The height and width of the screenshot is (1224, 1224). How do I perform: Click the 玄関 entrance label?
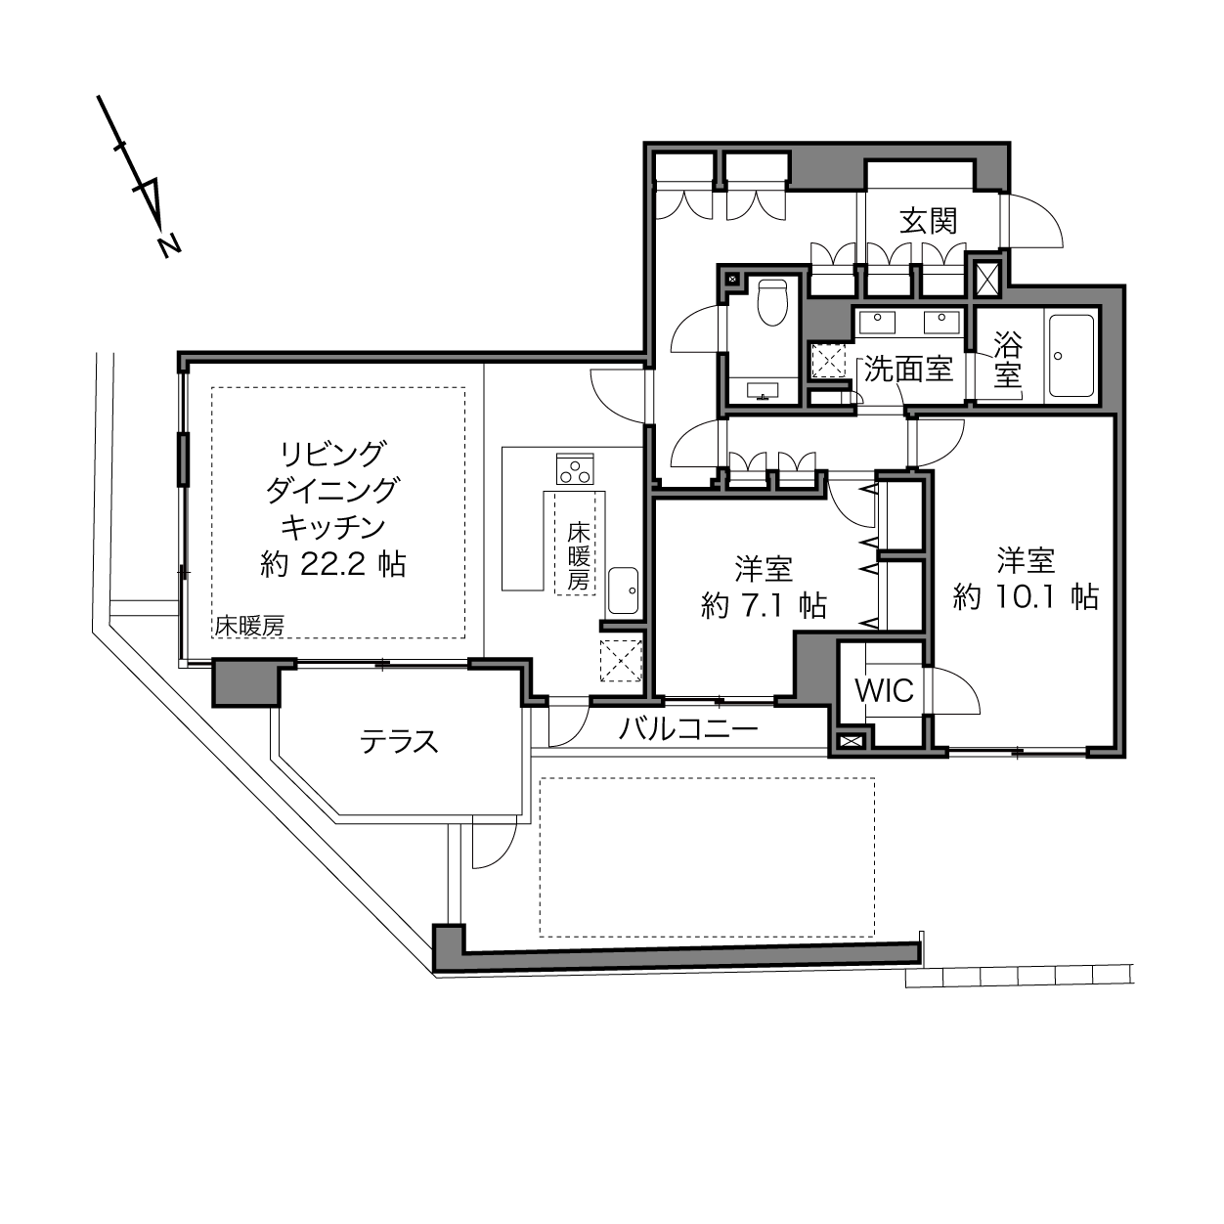[x=929, y=221]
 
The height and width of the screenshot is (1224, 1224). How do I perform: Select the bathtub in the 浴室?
[x=1072, y=356]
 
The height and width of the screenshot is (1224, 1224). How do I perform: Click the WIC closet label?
[x=884, y=690]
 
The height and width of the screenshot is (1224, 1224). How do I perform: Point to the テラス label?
[x=399, y=741]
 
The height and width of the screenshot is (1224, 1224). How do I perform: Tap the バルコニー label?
[x=688, y=729]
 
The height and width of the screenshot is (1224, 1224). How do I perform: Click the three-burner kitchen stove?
[x=575, y=468]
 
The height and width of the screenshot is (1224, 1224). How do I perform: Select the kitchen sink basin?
[x=623, y=590]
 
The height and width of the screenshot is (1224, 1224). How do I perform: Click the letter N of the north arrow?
[x=169, y=244]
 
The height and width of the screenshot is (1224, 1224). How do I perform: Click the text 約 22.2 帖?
[x=332, y=563]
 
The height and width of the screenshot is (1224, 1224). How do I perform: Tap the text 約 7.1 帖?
[x=765, y=605]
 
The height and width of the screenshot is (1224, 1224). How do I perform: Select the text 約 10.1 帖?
[x=1026, y=597]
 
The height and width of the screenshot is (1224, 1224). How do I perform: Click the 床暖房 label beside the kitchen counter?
[x=578, y=556]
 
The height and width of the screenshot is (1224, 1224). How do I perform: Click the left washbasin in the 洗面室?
[x=877, y=322]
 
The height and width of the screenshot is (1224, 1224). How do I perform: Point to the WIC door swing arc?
[x=955, y=691]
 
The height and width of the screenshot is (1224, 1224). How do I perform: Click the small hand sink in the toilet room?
[x=763, y=391]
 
